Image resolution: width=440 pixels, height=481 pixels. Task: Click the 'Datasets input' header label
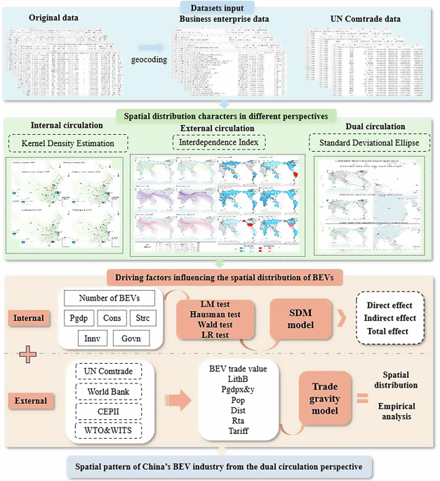click(x=220, y=7)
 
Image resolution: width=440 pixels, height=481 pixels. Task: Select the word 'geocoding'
click(x=149, y=60)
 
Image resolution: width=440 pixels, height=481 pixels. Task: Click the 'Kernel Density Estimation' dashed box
click(x=67, y=143)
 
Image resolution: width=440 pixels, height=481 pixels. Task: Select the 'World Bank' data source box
click(x=106, y=390)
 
